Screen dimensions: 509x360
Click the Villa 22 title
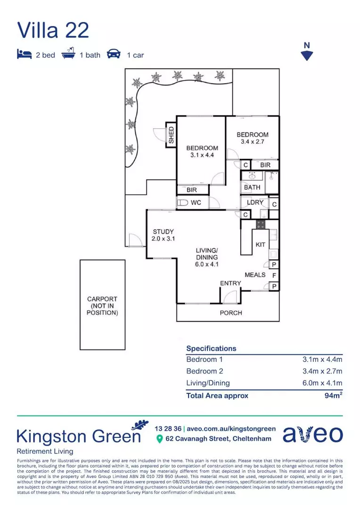[x=53, y=30]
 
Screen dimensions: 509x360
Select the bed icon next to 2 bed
[x=24, y=55]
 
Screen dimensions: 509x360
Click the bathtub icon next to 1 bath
[x=69, y=54]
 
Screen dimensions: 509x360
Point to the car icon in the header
[x=114, y=55]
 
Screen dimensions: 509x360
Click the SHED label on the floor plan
[x=171, y=135]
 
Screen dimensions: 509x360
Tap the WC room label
[x=196, y=203]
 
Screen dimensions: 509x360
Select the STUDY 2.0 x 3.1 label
[x=163, y=235]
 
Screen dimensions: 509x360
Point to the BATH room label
[x=252, y=187]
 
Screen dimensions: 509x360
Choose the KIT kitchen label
[x=260, y=245]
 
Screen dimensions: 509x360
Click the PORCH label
[x=231, y=312]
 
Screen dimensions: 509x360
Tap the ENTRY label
[x=230, y=283]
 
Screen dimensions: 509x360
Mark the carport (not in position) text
[x=102, y=305]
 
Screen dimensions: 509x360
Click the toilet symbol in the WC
[x=182, y=203]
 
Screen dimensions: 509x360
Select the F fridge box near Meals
[x=274, y=275]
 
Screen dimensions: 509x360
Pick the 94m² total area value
[x=333, y=395]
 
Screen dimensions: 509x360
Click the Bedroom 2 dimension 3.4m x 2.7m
[x=322, y=371]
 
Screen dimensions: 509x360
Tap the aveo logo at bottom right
[x=312, y=434]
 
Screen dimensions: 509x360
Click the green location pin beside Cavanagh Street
[x=159, y=439]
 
